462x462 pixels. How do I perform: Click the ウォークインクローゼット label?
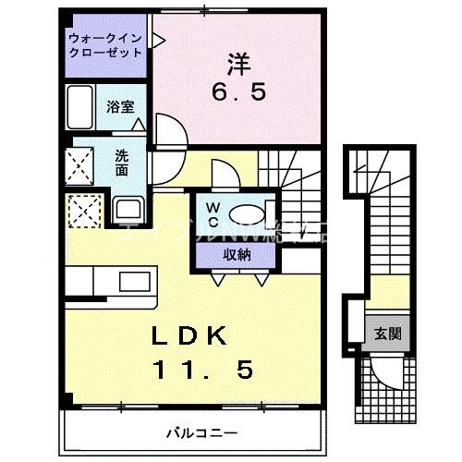105,45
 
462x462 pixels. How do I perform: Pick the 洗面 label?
122,164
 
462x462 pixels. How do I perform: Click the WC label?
211,213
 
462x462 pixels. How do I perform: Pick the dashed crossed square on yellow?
84,209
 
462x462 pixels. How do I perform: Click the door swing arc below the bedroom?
168,129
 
